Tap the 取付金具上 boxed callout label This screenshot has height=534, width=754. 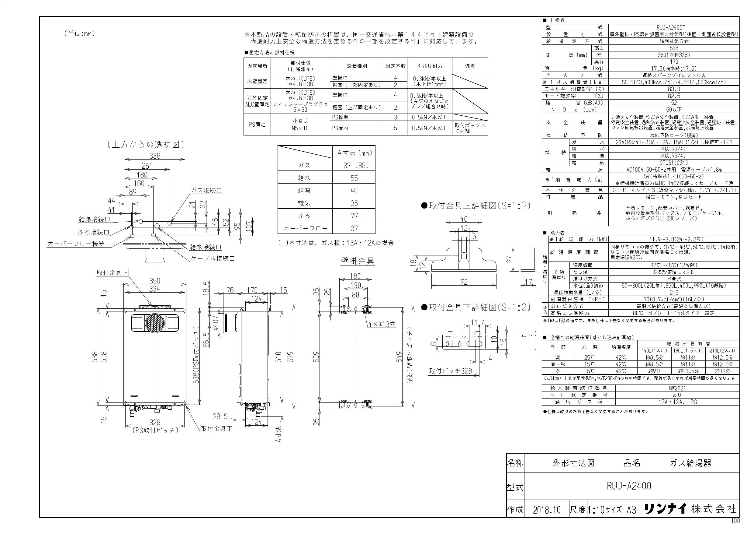112,272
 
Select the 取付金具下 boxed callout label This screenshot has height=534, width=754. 217,428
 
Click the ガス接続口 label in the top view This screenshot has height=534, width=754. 206,190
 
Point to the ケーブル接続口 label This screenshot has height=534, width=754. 213,258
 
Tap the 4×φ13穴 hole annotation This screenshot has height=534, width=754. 382,324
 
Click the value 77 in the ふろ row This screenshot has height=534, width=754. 354,216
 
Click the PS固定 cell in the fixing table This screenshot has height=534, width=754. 257,125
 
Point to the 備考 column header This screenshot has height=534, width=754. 470,66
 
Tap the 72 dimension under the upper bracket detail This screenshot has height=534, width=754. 463,282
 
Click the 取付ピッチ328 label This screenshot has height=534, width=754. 451,371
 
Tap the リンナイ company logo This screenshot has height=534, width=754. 665,509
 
